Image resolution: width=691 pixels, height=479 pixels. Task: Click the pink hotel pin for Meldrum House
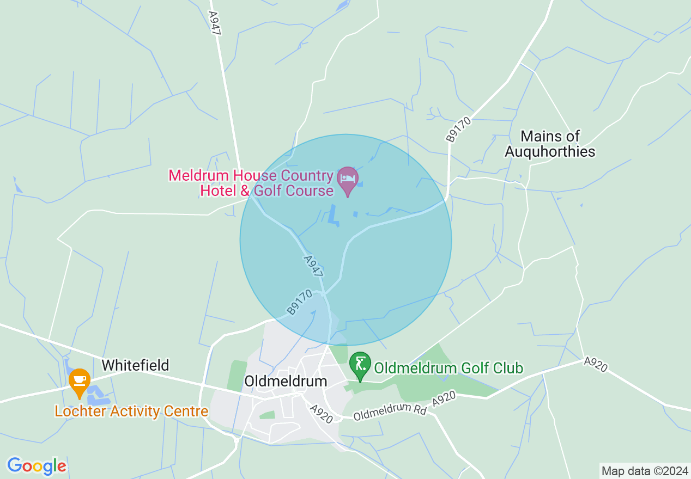(348, 180)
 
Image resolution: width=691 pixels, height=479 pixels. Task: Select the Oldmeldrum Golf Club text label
(448, 369)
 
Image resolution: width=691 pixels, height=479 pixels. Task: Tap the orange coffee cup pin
(80, 382)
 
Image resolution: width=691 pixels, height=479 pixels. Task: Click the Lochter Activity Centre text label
(131, 411)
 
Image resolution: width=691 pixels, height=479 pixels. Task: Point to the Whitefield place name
(135, 365)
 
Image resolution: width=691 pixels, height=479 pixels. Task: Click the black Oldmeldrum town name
(286, 381)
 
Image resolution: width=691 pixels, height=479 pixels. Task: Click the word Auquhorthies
(550, 151)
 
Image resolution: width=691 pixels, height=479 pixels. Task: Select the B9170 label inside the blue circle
(300, 302)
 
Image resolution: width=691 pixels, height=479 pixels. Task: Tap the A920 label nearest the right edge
(595, 364)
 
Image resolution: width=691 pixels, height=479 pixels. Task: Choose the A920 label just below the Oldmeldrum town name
(321, 414)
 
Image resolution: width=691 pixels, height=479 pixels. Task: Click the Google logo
(37, 466)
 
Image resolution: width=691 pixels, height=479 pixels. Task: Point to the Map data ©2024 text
(644, 470)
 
